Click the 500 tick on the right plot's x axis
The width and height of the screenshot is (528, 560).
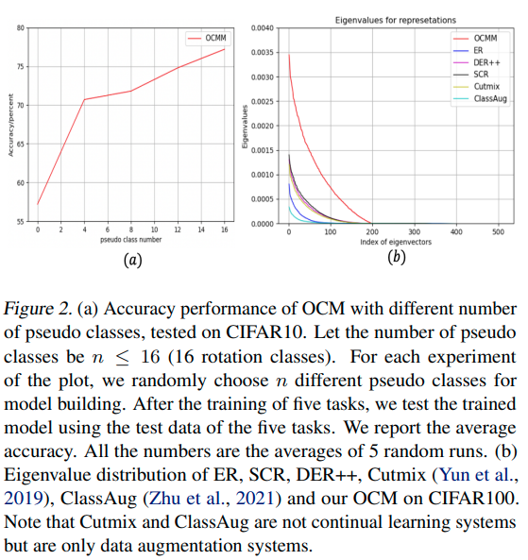coord(499,231)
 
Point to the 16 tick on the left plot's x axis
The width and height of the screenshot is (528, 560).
coord(223,229)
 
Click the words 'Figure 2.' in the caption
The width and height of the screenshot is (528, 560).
coord(35,309)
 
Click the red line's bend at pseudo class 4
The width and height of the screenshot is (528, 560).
coord(84,99)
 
